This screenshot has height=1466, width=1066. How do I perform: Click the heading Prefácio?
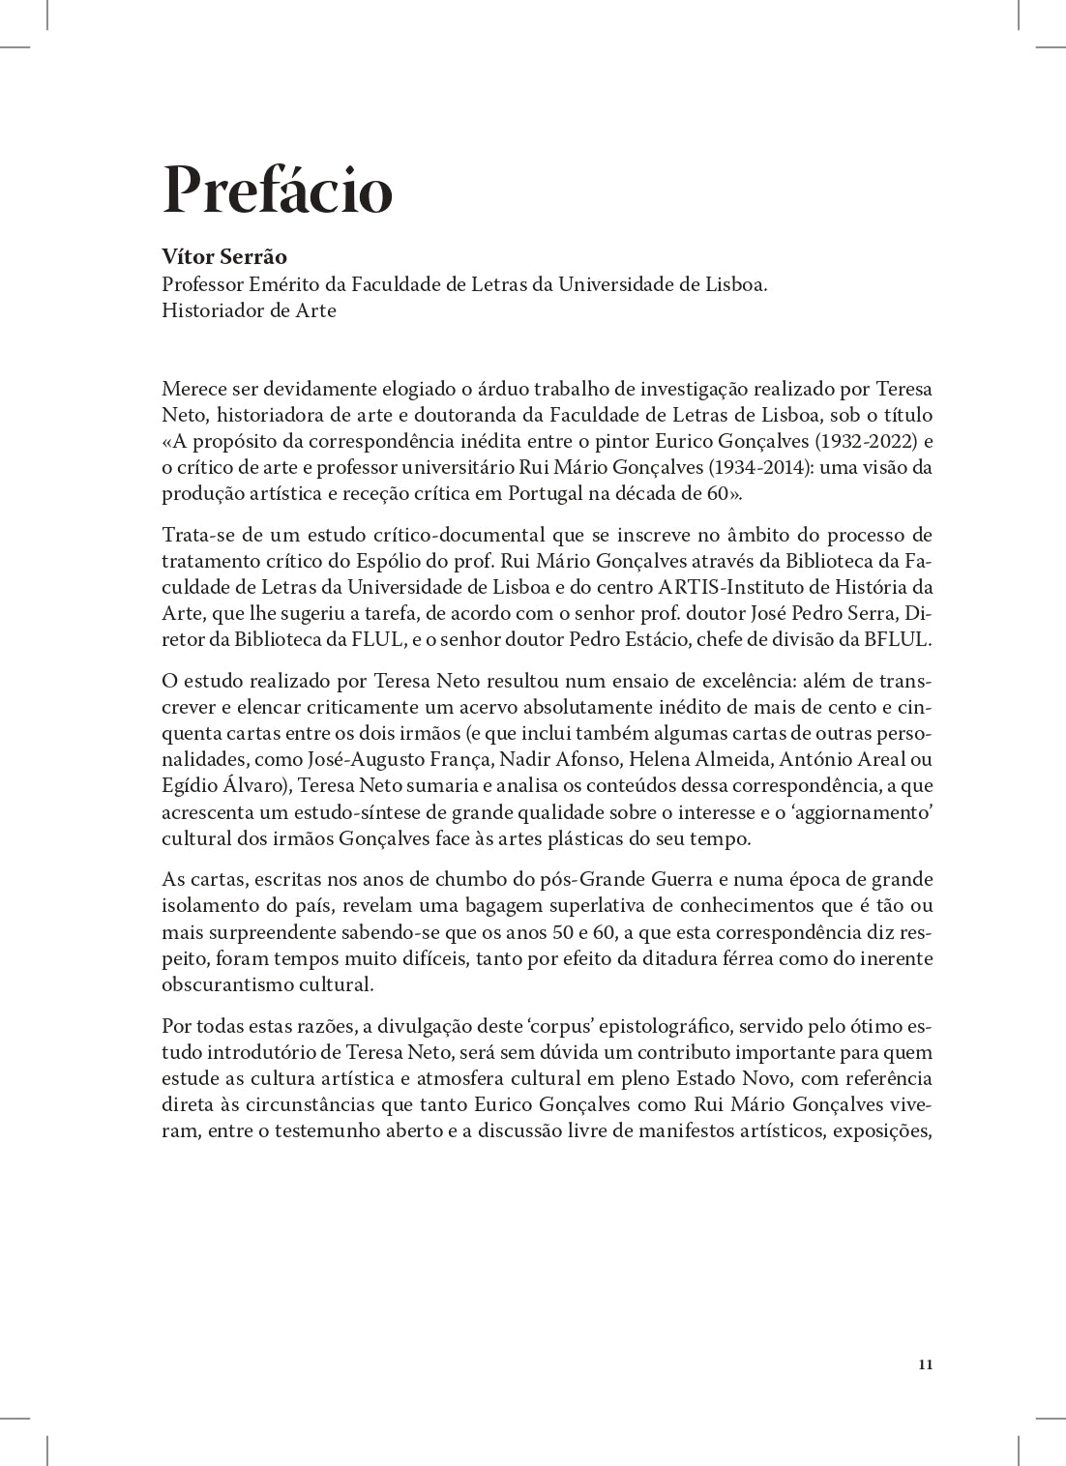click(278, 191)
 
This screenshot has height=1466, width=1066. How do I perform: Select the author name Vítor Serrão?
click(224, 257)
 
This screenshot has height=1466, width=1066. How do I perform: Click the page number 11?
click(925, 1364)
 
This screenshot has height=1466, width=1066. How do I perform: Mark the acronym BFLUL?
click(900, 639)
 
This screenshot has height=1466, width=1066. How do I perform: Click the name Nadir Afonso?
click(552, 760)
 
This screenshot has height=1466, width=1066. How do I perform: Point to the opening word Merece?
click(194, 390)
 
